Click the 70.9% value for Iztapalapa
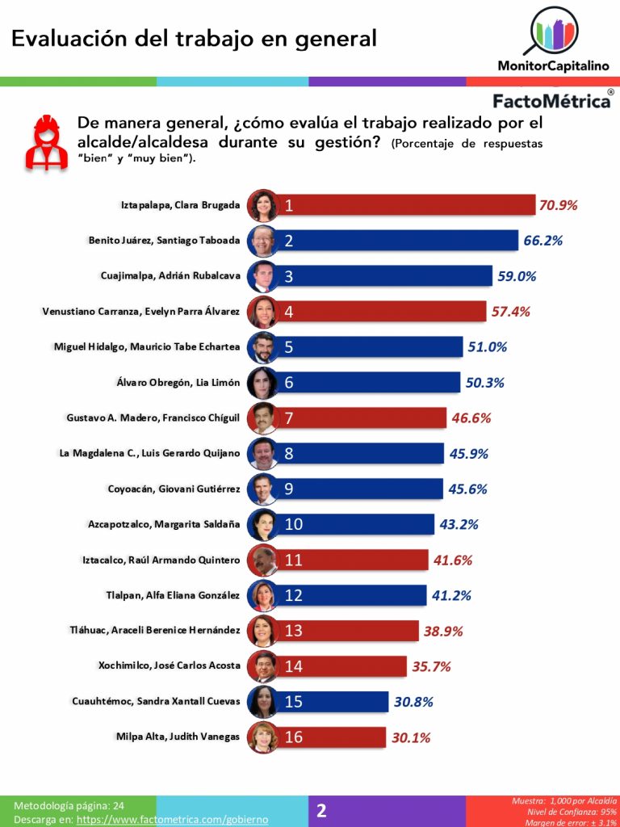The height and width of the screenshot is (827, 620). pos(558,205)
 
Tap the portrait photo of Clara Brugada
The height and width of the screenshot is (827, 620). pos(263,205)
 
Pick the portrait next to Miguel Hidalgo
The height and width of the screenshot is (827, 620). pos(263,347)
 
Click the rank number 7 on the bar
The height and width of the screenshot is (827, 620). pos(288,418)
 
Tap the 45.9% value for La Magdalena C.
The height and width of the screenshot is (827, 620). pos(469,454)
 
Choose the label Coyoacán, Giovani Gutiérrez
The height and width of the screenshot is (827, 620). pos(174,489)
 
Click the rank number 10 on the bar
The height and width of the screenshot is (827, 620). pos(293,525)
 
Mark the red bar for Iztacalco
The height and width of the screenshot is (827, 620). pos(355,560)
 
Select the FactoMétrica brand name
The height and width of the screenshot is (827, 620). pos(551,102)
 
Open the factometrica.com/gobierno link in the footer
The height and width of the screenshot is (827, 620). pos(172,819)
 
